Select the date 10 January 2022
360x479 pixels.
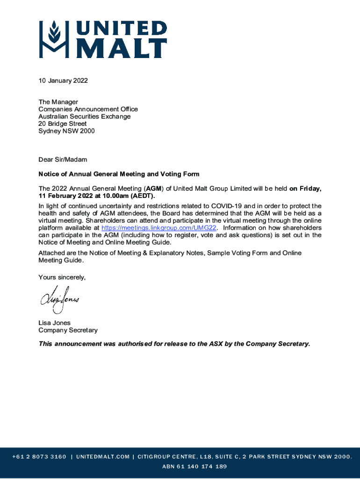point(63,80)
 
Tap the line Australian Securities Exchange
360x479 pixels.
point(84,116)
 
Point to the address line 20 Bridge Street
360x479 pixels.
point(62,124)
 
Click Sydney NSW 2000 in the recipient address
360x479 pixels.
point(66,131)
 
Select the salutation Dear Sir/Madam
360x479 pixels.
point(63,160)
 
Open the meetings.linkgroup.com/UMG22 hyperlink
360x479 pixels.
point(159,228)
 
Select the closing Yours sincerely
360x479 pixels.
point(62,277)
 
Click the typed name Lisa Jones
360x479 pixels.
point(54,323)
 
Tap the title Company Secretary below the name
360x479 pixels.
point(68,330)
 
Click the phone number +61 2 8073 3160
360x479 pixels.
point(39,457)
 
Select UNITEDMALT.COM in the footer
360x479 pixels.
point(103,457)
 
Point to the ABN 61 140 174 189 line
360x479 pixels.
point(194,466)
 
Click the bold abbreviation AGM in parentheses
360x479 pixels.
point(154,189)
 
